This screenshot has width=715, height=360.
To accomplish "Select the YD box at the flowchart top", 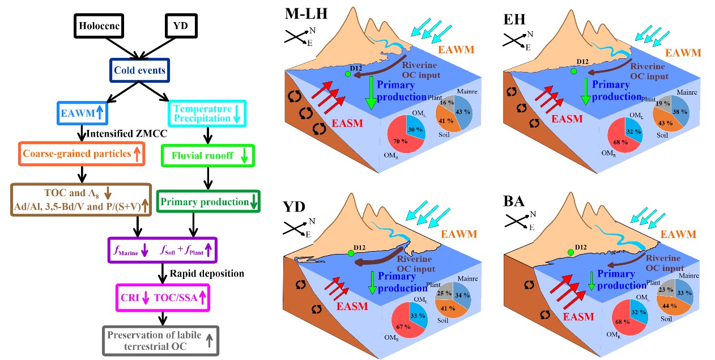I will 183,27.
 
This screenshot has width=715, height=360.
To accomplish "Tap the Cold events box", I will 139,71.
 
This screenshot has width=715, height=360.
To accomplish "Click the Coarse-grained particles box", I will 82,154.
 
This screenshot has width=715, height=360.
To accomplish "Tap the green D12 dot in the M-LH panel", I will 347,74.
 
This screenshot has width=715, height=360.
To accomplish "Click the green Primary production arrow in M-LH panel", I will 372,93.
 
